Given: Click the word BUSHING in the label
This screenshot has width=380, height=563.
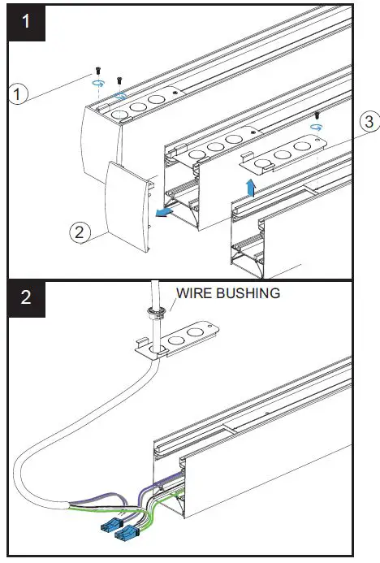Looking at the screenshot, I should tap(250, 292).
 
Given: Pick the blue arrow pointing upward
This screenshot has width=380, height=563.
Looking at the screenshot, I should tap(251, 188).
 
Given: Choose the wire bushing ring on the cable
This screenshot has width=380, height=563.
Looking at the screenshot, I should tap(151, 310).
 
